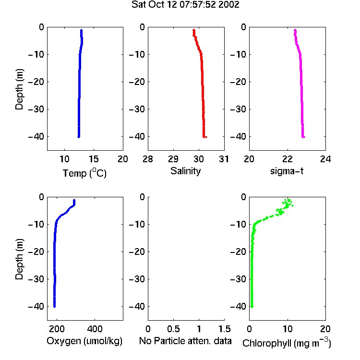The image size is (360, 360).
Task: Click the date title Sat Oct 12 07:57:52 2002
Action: point(185,5)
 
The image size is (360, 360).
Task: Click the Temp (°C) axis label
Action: point(84,173)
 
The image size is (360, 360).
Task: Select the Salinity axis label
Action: point(185,171)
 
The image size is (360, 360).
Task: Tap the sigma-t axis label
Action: point(287,171)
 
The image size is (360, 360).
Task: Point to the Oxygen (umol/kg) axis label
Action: point(84,341)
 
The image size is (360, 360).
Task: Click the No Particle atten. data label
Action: point(185,341)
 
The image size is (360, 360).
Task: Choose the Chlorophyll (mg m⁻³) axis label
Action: point(287,343)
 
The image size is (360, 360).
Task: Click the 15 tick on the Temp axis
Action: point(94,159)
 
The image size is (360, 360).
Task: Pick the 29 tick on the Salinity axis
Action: point(173,159)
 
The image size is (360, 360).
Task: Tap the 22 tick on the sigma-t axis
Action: point(287,159)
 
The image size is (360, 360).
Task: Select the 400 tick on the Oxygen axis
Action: point(95,329)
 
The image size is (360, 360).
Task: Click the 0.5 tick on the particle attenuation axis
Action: point(173,329)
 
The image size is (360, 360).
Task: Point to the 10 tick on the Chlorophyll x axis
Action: point(287,329)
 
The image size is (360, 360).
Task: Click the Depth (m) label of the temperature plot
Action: point(19,89)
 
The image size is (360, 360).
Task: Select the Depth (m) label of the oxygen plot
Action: point(19,259)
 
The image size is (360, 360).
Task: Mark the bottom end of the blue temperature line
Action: point(79,137)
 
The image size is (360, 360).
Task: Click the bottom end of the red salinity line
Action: point(204,137)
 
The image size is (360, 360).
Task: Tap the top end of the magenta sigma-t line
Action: point(295,30)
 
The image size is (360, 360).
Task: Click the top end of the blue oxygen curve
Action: point(74,200)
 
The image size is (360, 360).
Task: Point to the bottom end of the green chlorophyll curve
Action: point(252,307)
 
